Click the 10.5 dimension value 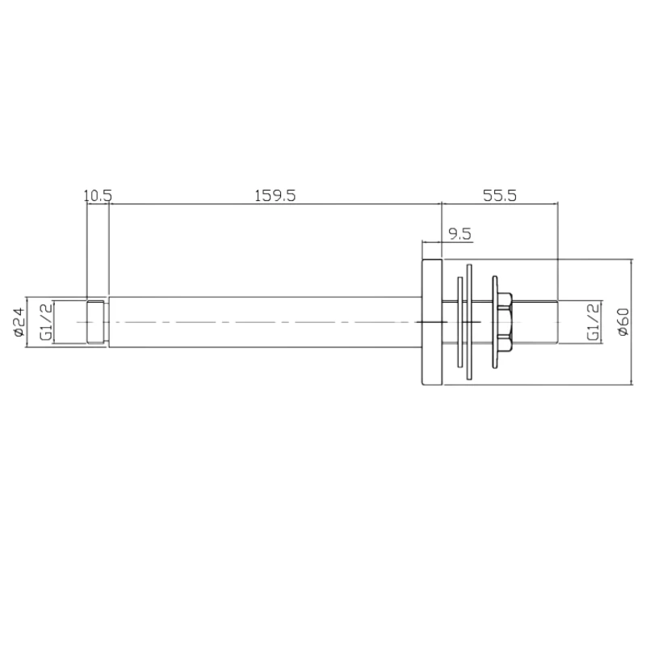click(x=97, y=195)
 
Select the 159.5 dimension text click(x=275, y=195)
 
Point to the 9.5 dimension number click(x=459, y=234)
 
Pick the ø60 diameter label click(x=622, y=322)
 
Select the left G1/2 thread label click(x=47, y=322)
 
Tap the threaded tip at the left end click(x=95, y=322)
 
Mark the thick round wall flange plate click(x=432, y=322)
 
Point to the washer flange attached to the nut click(x=492, y=322)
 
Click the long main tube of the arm click(x=266, y=322)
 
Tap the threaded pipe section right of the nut click(x=537, y=322)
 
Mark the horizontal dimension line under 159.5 click(x=275, y=204)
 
